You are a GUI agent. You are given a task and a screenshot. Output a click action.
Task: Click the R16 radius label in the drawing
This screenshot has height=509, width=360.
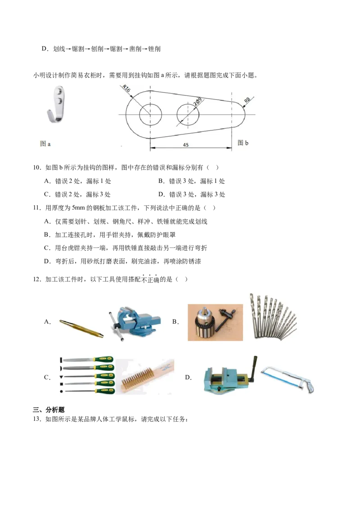pyautogui.click(x=126, y=89)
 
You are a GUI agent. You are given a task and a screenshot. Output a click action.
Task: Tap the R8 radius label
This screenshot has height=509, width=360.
pyautogui.click(x=247, y=100)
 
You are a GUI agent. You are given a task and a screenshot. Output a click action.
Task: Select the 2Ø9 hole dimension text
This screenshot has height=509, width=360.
pyautogui.click(x=198, y=102)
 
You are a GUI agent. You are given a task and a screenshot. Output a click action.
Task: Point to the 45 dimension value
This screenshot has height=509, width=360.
pyautogui.click(x=186, y=145)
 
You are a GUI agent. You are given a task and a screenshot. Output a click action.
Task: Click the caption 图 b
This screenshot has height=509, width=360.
pyautogui.click(x=243, y=143)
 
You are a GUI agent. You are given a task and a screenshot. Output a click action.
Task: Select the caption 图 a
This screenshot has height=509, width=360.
pyautogui.click(x=45, y=143)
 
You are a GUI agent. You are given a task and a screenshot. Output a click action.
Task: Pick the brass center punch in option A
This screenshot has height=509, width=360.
pyautogui.click(x=81, y=328)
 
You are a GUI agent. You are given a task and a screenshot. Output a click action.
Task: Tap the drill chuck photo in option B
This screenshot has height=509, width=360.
pyautogui.click(x=215, y=322)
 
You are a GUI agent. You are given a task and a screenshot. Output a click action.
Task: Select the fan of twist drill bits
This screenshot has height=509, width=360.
pyautogui.click(x=273, y=317)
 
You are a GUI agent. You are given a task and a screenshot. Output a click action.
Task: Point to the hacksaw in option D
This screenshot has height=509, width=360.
pyautogui.click(x=287, y=379)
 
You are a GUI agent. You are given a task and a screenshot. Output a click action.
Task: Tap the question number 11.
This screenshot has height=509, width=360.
pyautogui.click(x=37, y=208)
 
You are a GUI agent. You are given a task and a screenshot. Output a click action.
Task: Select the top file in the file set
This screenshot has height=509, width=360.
pyautogui.click(x=88, y=360)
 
